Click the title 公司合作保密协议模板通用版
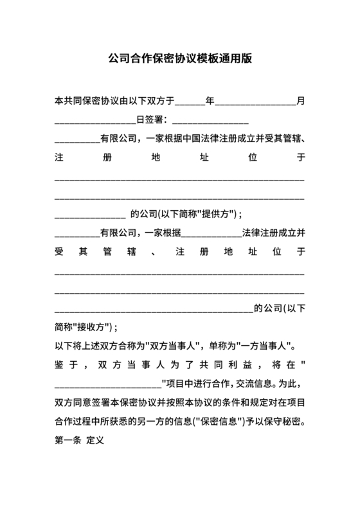[180, 58]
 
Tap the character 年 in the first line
[210, 101]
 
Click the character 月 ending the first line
[300, 101]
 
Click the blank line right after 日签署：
[210, 121]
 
